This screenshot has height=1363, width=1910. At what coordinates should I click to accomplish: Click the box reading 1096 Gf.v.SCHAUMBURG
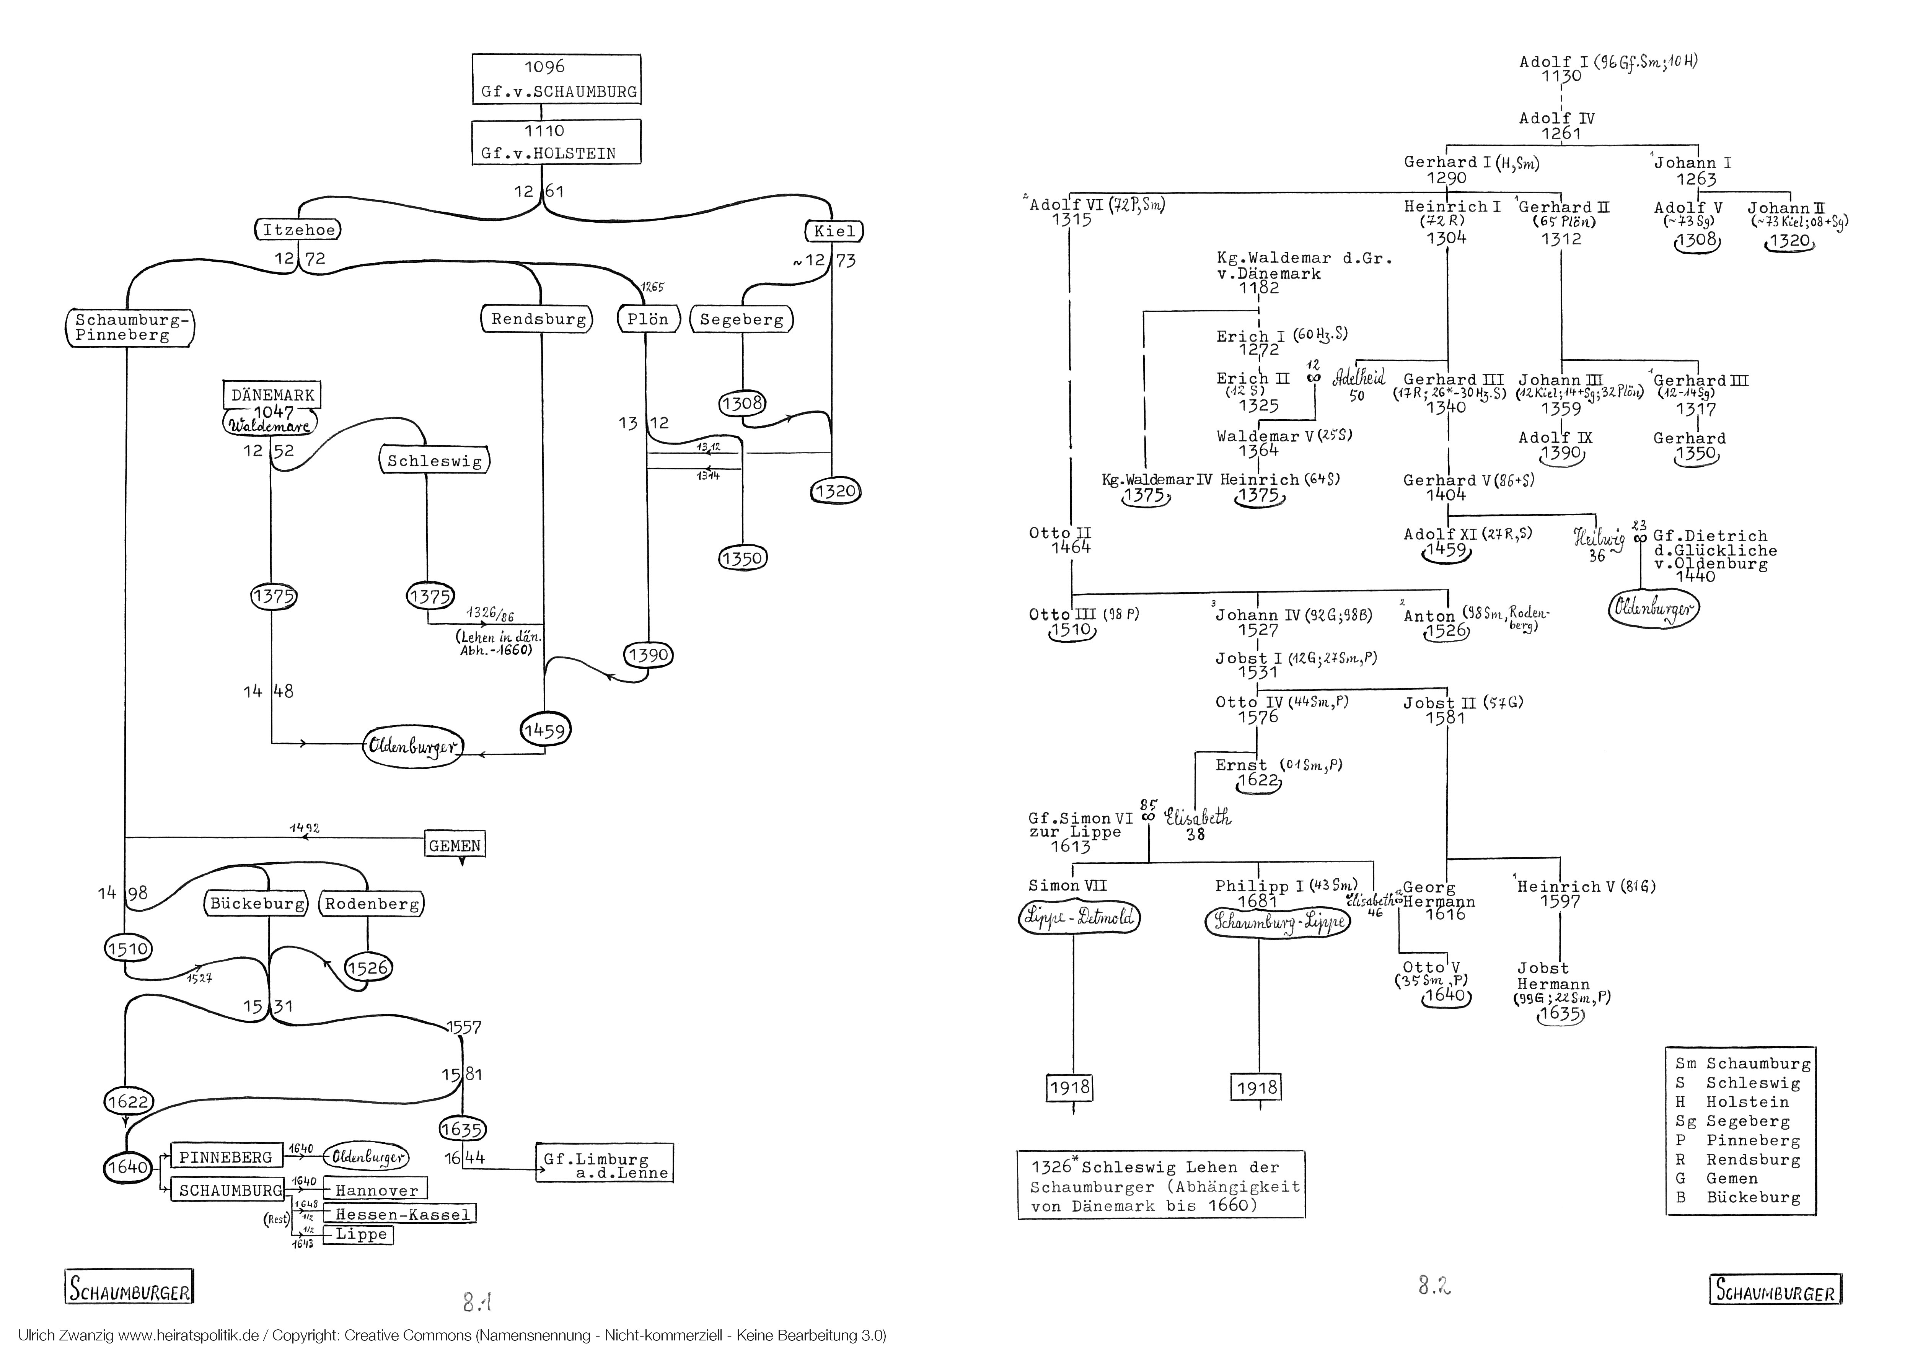pyautogui.click(x=556, y=79)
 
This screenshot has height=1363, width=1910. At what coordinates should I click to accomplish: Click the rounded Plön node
pyautogui.click(x=648, y=319)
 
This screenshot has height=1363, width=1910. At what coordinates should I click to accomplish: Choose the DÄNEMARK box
pyautogui.click(x=272, y=394)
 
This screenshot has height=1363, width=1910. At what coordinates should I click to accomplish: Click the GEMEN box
pyautogui.click(x=455, y=845)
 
